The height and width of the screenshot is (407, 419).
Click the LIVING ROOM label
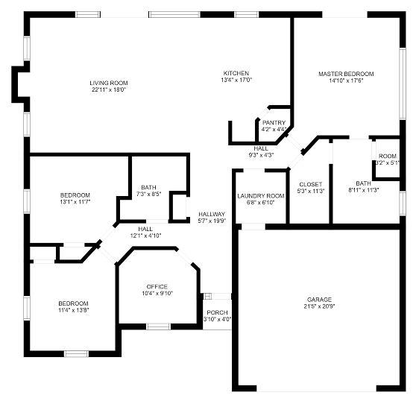(109, 83)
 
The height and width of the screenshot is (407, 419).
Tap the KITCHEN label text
(236, 73)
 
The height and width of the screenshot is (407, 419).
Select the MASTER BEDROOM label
(346, 74)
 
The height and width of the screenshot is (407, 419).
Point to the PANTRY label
(274, 123)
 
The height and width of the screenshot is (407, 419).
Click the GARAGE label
(319, 300)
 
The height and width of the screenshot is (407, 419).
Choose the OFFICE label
(157, 287)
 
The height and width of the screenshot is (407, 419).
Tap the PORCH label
(217, 312)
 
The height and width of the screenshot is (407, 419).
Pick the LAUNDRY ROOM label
(261, 196)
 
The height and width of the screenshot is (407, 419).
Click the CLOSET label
(311, 184)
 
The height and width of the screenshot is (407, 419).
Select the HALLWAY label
(212, 214)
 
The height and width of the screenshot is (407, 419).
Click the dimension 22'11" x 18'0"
(109, 89)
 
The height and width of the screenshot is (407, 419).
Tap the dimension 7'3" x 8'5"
(149, 194)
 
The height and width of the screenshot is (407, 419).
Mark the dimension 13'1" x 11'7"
(75, 202)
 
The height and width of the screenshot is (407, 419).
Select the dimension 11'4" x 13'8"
(74, 310)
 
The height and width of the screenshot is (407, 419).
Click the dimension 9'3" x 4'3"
(261, 155)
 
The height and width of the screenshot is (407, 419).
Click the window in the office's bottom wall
(158, 326)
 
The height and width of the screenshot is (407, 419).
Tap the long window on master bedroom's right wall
(403, 83)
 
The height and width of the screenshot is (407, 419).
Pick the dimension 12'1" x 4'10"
(145, 236)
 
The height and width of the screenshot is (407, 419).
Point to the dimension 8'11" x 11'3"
(363, 190)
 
